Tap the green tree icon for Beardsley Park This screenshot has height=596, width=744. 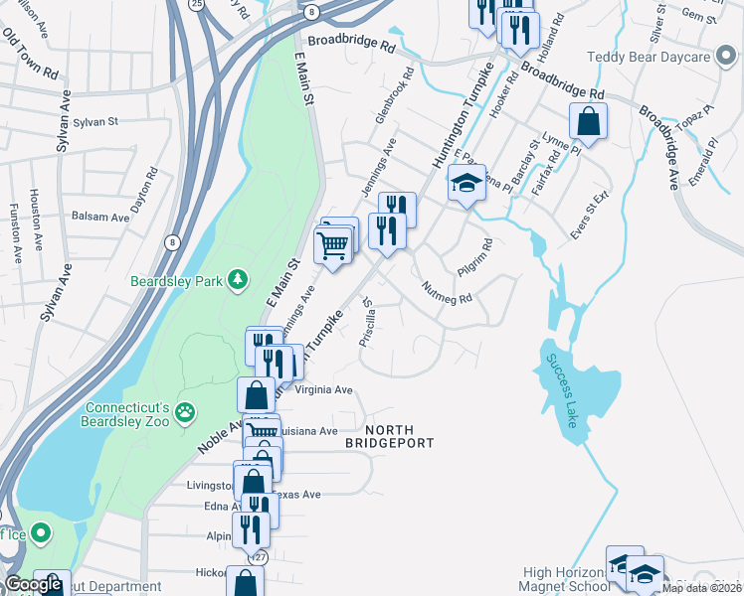(237, 281)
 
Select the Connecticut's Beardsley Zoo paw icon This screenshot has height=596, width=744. (185, 411)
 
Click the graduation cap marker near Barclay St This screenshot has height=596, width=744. (465, 185)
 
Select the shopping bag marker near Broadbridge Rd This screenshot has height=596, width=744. (588, 123)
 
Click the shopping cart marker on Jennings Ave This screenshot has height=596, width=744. (332, 244)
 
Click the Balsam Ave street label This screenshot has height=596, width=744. (100, 217)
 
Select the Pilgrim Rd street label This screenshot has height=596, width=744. (475, 256)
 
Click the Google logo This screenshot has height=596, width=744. (33, 585)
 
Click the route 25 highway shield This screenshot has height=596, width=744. (198, 4)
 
